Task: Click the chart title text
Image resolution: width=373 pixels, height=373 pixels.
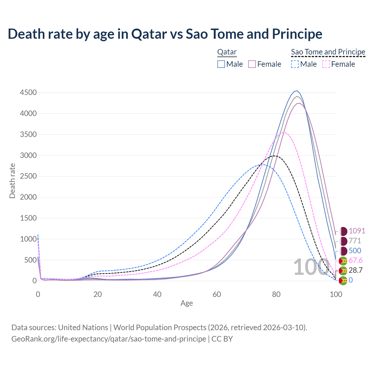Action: pyautogui.click(x=165, y=34)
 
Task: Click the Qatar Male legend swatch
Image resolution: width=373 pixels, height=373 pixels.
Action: pyautogui.click(x=221, y=64)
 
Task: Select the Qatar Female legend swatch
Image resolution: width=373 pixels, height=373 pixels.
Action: pyautogui.click(x=252, y=64)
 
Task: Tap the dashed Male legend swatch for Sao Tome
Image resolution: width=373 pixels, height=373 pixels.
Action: pyautogui.click(x=295, y=64)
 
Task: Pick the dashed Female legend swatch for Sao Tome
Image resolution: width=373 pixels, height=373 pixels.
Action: pyautogui.click(x=326, y=64)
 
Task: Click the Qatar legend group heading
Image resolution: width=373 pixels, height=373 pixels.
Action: pyautogui.click(x=227, y=52)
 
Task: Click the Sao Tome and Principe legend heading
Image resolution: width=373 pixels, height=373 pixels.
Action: pyautogui.click(x=328, y=52)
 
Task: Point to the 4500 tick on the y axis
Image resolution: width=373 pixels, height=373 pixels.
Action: pyautogui.click(x=28, y=93)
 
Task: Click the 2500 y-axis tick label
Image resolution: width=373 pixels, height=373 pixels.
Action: pyautogui.click(x=28, y=176)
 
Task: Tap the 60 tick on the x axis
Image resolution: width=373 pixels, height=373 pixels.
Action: pyautogui.click(x=217, y=294)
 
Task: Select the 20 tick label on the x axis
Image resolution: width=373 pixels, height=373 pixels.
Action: pyautogui.click(x=98, y=294)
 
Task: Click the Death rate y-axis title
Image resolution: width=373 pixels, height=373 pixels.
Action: pyautogui.click(x=12, y=181)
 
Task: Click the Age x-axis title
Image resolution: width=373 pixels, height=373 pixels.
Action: pyautogui.click(x=187, y=303)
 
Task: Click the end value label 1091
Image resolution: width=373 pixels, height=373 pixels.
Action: pyautogui.click(x=357, y=231)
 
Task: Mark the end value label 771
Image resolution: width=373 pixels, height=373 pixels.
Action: pyautogui.click(x=355, y=241)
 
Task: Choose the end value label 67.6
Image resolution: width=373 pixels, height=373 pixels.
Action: pyautogui.click(x=356, y=260)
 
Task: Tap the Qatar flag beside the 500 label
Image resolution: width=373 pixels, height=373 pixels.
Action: pyautogui.click(x=344, y=251)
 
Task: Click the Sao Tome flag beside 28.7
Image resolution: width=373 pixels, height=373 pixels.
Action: pyautogui.click(x=343, y=270)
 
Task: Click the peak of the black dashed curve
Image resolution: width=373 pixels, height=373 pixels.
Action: pyautogui.click(x=274, y=156)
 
